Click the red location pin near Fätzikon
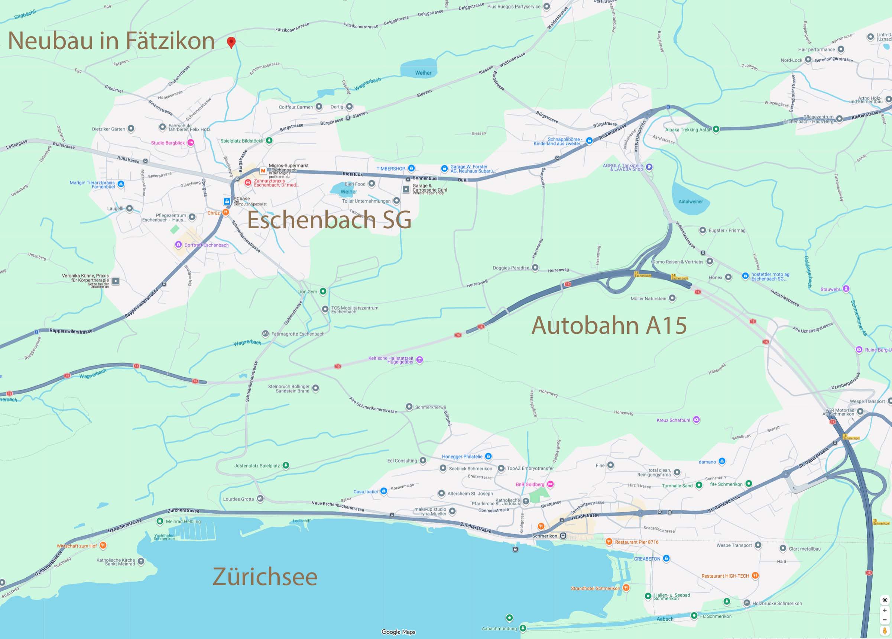(x=231, y=42)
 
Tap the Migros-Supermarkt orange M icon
(x=263, y=171)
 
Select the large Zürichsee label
(x=265, y=577)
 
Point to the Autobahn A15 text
(x=609, y=326)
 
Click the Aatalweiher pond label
(x=690, y=201)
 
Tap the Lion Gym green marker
(x=323, y=291)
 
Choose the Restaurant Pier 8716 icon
(x=609, y=542)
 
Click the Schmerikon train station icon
(x=563, y=536)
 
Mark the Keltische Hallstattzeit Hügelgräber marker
(x=419, y=359)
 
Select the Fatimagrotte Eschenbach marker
(x=265, y=334)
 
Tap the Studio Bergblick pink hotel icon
(x=191, y=143)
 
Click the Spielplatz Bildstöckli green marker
(x=269, y=141)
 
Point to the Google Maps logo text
(x=398, y=632)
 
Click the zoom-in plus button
(x=885, y=610)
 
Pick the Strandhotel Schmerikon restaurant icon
(x=626, y=588)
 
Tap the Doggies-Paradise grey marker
(x=535, y=268)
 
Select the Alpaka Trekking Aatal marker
(x=716, y=129)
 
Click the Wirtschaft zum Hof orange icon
(x=103, y=545)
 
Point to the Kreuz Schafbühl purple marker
(x=696, y=420)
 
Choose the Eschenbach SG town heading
(x=329, y=220)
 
